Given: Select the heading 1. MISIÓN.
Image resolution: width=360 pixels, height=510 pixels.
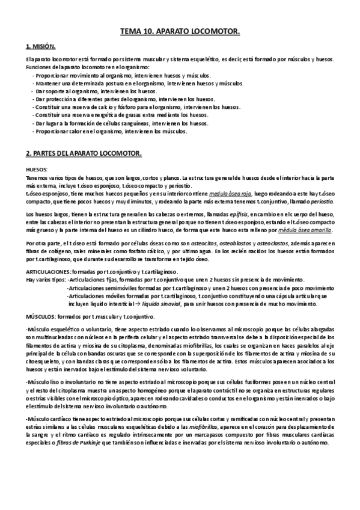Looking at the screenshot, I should point(41,46).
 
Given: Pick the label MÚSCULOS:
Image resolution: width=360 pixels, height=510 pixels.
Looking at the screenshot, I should point(43,316).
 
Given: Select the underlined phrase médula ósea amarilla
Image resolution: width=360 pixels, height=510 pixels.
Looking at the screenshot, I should point(305,232).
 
